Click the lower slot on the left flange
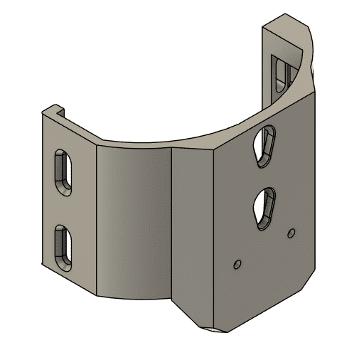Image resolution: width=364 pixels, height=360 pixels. [62, 247]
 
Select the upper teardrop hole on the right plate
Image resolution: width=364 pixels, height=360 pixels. [267, 144]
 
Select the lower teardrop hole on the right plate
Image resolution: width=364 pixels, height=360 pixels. [265, 206]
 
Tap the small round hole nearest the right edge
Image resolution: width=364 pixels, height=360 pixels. [290, 233]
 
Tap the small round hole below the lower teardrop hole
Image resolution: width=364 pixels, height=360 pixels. [237, 264]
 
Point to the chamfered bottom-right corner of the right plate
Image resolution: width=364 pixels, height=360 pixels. [307, 282]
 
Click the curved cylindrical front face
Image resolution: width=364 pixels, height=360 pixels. [132, 221]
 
